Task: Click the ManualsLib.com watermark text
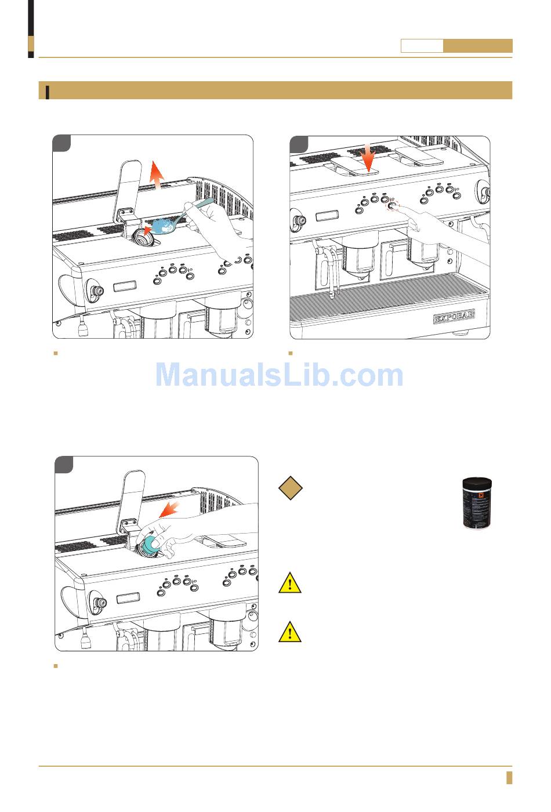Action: (279, 375)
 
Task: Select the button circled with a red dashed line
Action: (393, 205)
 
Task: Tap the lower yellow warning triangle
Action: (289, 632)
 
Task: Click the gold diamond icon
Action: (290, 488)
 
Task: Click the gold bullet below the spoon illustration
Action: (55, 353)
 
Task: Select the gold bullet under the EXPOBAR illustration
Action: (290, 353)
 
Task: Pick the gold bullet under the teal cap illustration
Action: (55, 666)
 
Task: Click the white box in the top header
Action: (422, 46)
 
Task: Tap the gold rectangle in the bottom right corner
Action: (509, 778)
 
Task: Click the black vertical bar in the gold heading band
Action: (47, 92)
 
